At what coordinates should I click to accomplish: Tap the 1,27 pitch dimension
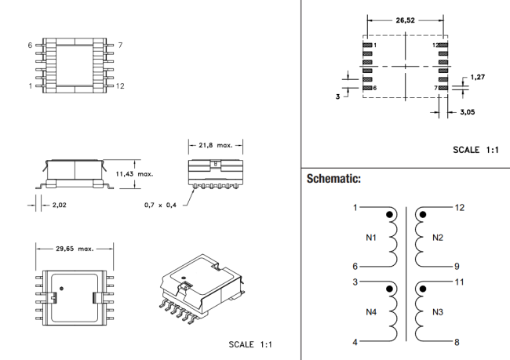[x=478, y=77]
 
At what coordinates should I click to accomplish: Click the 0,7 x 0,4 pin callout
[x=161, y=205]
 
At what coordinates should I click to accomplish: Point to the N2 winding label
[x=438, y=238]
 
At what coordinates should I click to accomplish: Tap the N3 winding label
[x=438, y=311]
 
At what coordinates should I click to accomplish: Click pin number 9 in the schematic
[x=459, y=266]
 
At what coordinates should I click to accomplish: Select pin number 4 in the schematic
[x=355, y=342]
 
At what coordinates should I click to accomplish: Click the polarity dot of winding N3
[x=421, y=288]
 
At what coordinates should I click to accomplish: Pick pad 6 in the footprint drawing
[x=366, y=87]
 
